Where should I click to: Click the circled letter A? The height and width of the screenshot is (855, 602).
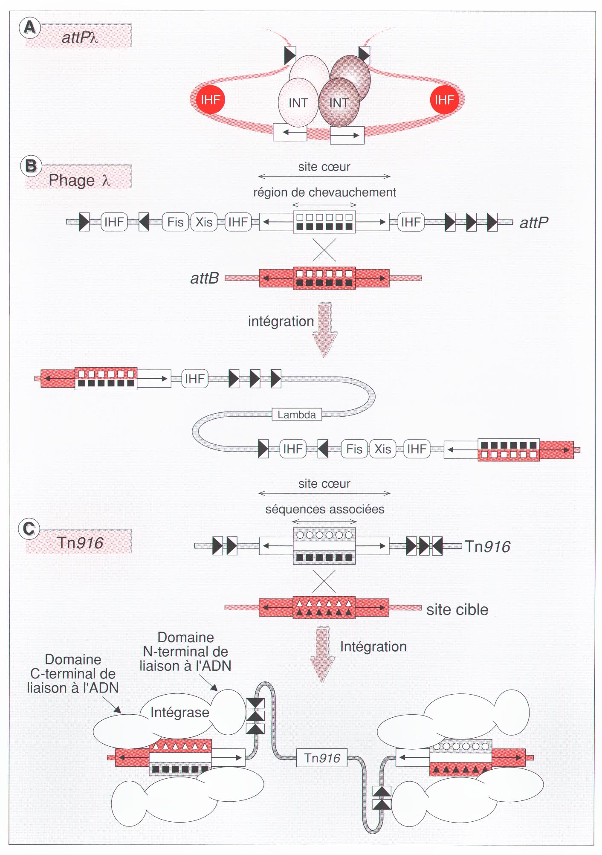(x=29, y=28)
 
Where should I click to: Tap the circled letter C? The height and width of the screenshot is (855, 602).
(x=29, y=529)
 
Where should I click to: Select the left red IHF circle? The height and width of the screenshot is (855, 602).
(x=210, y=100)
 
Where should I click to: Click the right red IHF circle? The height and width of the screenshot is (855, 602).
(x=444, y=100)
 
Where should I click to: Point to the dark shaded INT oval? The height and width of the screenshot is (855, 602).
(x=339, y=103)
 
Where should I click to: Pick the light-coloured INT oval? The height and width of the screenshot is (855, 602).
(x=298, y=103)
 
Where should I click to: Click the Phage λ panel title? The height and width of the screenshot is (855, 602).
(x=79, y=180)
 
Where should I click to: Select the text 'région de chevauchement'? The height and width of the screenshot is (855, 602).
(x=324, y=192)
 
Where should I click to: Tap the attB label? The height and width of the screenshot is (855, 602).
(x=205, y=278)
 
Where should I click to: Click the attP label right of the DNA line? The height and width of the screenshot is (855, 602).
(x=534, y=222)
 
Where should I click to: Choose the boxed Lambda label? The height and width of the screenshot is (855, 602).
(x=297, y=414)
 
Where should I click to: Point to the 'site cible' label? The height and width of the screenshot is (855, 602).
(x=457, y=610)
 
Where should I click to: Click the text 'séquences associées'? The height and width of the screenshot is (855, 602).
(x=324, y=509)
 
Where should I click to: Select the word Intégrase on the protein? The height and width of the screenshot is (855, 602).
(x=179, y=712)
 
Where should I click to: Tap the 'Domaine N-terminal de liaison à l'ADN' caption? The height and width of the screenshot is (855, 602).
(x=185, y=652)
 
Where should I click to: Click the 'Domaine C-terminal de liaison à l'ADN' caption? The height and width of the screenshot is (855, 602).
(x=73, y=674)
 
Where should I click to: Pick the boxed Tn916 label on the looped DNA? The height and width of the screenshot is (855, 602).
(x=322, y=758)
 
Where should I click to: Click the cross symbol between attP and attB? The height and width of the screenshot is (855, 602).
(x=324, y=250)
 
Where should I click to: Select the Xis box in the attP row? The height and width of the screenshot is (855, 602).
(x=204, y=222)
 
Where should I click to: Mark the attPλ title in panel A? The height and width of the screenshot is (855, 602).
(x=80, y=38)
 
